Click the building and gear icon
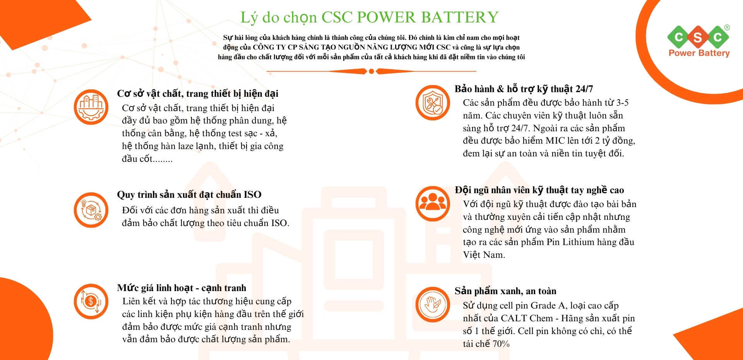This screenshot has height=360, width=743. click(x=91, y=107)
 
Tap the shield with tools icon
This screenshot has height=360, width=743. click(x=433, y=103)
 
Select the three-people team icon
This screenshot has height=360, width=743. click(x=433, y=204)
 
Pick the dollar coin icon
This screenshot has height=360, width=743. click(x=91, y=302)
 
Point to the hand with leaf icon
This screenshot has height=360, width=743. click(x=433, y=304)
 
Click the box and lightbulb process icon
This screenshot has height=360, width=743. click(x=91, y=209)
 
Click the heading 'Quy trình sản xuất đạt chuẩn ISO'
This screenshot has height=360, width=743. click(x=189, y=194)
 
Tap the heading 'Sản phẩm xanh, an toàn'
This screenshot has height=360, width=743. click(x=505, y=291)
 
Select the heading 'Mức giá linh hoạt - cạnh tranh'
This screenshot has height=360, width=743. click(x=181, y=288)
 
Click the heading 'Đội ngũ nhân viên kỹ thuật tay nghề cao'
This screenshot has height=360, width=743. click(x=539, y=190)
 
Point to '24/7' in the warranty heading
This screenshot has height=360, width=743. click(x=584, y=89)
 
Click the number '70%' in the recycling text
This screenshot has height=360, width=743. click(x=501, y=344)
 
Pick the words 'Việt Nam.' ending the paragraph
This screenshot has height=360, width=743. click(x=484, y=255)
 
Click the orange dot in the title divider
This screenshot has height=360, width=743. click(x=371, y=71)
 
